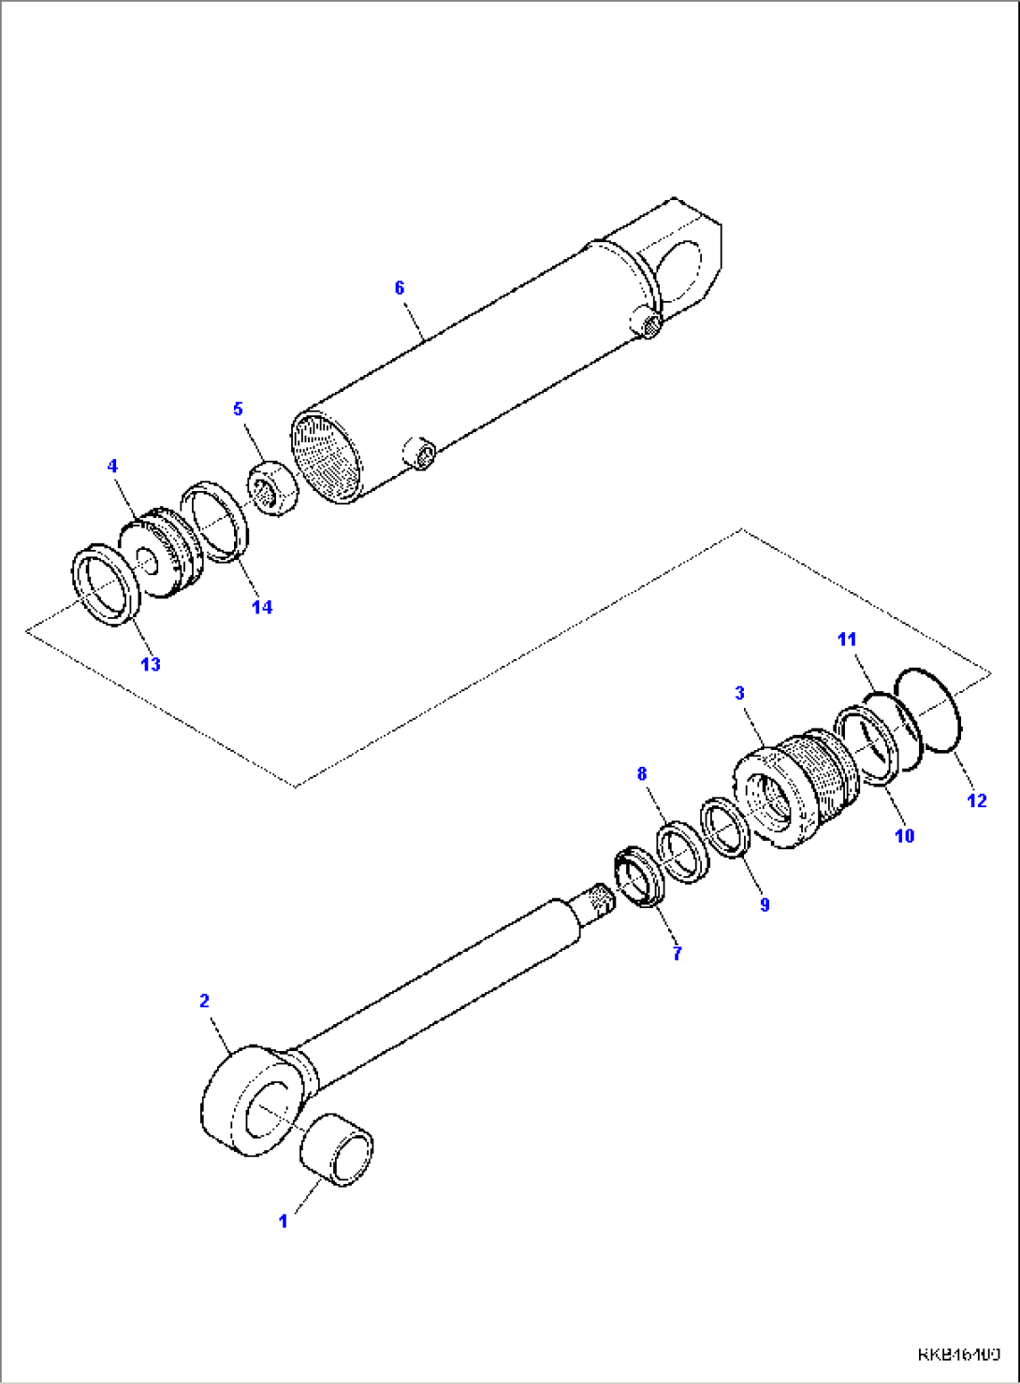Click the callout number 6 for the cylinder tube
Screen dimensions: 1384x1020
click(x=400, y=288)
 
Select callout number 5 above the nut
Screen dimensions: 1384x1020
click(x=238, y=410)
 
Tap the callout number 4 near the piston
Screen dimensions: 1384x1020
click(x=112, y=466)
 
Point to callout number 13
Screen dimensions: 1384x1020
click(x=151, y=664)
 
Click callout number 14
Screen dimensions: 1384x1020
click(x=262, y=607)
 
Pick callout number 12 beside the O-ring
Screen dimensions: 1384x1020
click(x=976, y=800)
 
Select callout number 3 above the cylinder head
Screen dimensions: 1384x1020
click(x=739, y=693)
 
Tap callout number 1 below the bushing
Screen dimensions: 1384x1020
click(x=283, y=1221)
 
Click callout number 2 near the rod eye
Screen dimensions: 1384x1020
click(x=205, y=1001)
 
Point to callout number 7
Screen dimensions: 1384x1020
click(x=677, y=953)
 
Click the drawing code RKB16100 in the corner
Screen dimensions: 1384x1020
click(x=958, y=1354)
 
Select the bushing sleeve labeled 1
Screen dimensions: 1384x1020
click(x=337, y=1150)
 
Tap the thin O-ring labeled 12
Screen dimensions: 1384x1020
click(x=928, y=709)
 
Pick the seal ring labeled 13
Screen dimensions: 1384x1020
click(x=106, y=589)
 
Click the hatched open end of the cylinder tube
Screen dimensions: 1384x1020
click(x=326, y=456)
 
